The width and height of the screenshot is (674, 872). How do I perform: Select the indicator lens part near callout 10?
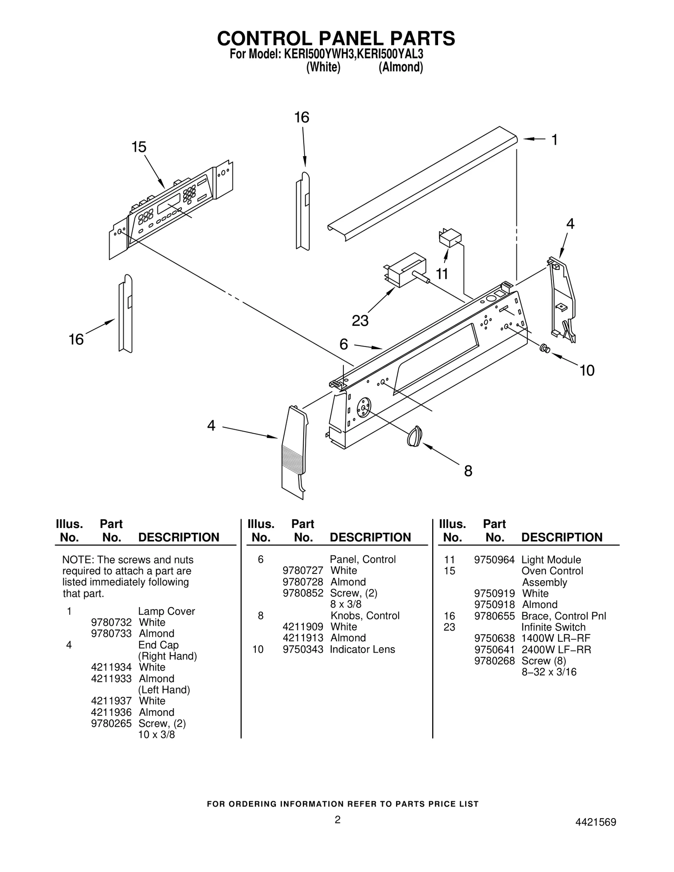pos(544,348)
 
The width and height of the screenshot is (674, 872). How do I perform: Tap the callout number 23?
pos(360,321)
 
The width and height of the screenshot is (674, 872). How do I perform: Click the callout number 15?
pos(139,147)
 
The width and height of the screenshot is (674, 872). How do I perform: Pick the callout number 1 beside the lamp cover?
pos(554,139)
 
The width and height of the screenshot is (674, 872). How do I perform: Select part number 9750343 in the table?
pos(303,649)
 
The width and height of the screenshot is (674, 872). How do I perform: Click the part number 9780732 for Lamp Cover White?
pos(111,622)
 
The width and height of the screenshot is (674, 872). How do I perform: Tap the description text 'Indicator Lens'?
pos(362,649)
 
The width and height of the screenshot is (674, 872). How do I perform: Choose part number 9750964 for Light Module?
pos(494,560)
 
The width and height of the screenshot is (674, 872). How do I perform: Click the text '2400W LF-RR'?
pos(556,649)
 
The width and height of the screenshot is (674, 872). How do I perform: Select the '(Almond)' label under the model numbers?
pos(401,67)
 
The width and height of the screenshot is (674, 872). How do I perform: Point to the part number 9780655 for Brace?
pos(494,616)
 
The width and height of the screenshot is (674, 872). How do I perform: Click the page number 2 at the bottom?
pos(337,819)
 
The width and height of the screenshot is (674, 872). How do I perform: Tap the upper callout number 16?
pos(302,117)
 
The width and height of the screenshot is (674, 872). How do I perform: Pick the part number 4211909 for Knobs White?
pos(303,627)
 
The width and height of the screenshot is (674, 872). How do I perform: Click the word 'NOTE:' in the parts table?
pos(78,560)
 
